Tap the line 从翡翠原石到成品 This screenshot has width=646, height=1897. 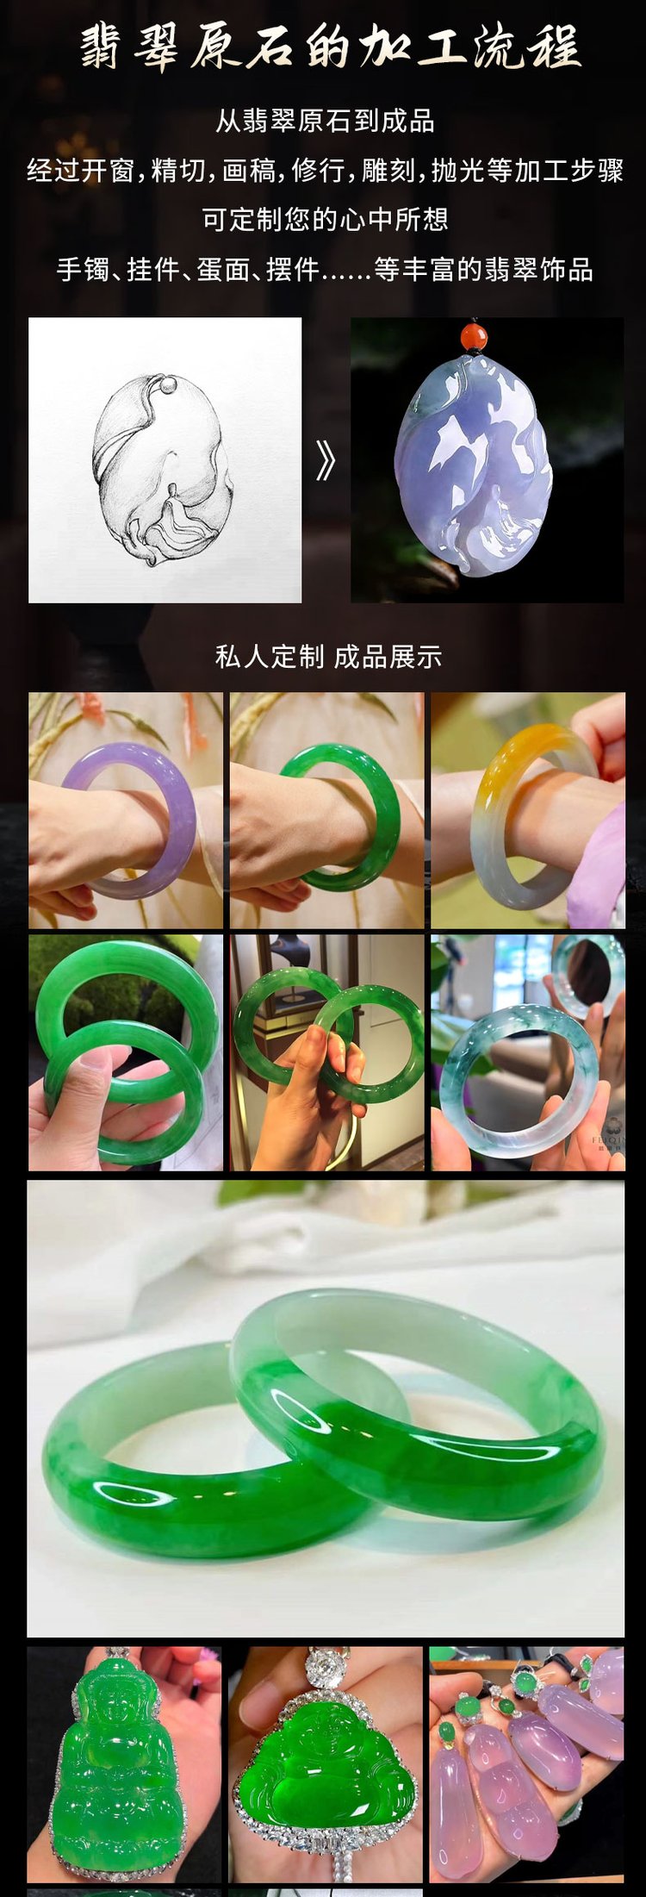click(x=325, y=121)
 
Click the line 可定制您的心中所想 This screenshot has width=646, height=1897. click(x=325, y=219)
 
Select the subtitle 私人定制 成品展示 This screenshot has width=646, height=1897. click(x=328, y=657)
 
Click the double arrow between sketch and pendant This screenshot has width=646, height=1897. click(x=325, y=462)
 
